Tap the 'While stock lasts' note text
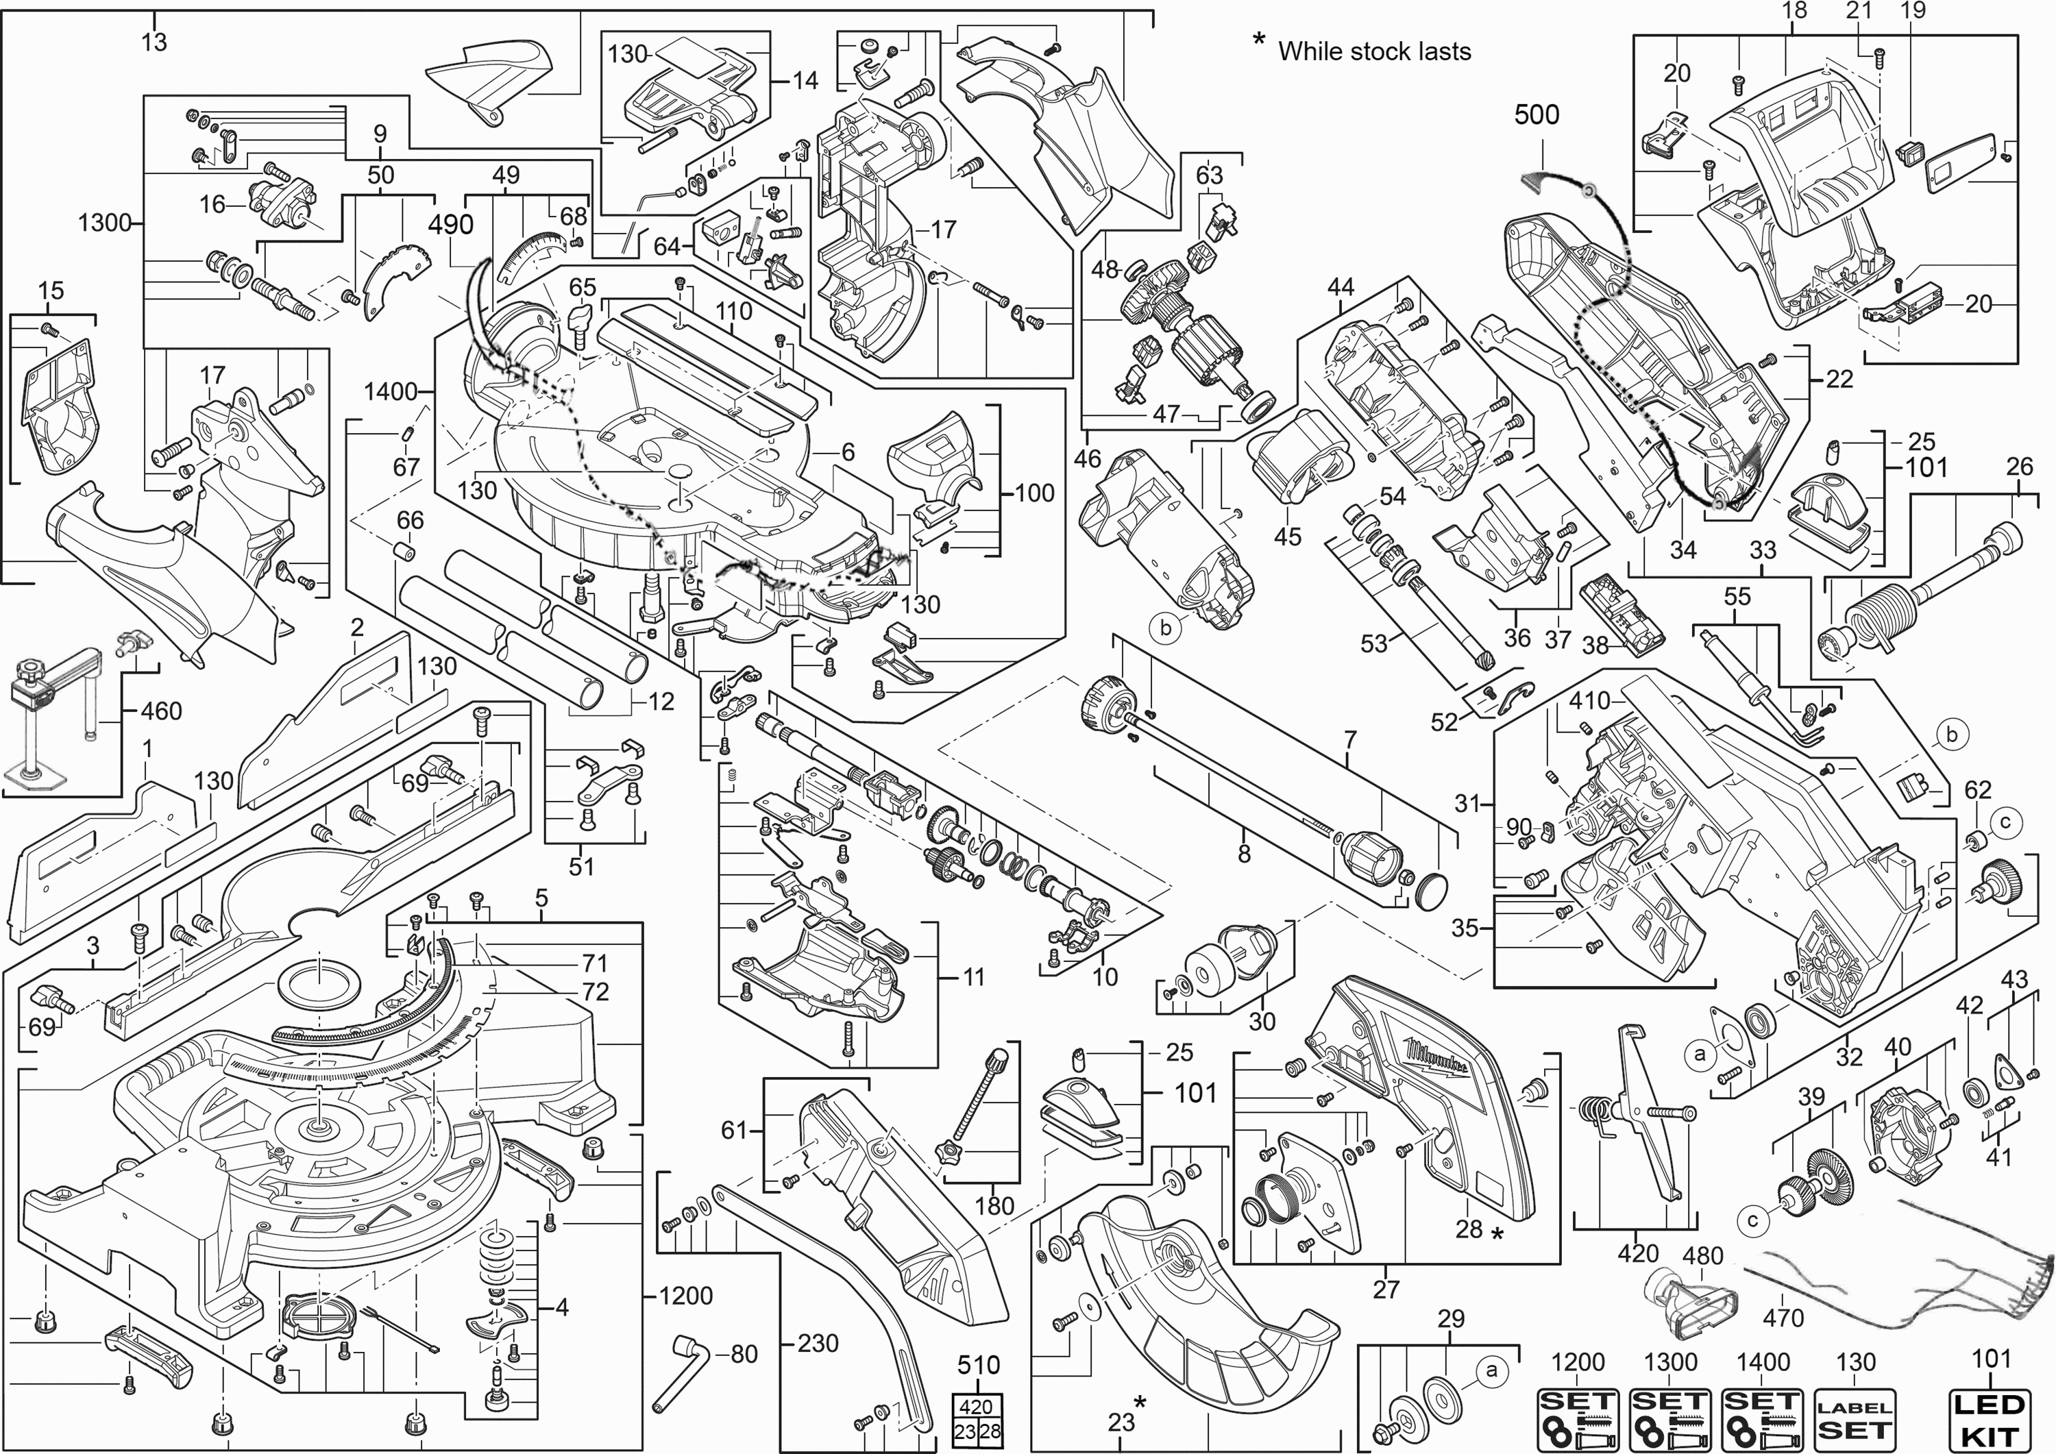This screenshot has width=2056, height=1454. point(1373,51)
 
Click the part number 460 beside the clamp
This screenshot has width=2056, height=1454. point(162,711)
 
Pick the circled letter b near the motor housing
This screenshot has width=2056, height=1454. point(1165,628)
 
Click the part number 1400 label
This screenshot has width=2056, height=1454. point(391,391)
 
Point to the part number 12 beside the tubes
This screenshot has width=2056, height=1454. point(661,702)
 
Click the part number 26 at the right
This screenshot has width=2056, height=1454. point(2018,467)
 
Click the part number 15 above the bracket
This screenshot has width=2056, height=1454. point(51,291)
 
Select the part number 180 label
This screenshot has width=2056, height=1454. point(994,1206)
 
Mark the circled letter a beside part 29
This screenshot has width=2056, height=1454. point(1491,1370)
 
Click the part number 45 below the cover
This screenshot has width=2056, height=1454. point(1287,537)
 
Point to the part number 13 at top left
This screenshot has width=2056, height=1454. point(154,42)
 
